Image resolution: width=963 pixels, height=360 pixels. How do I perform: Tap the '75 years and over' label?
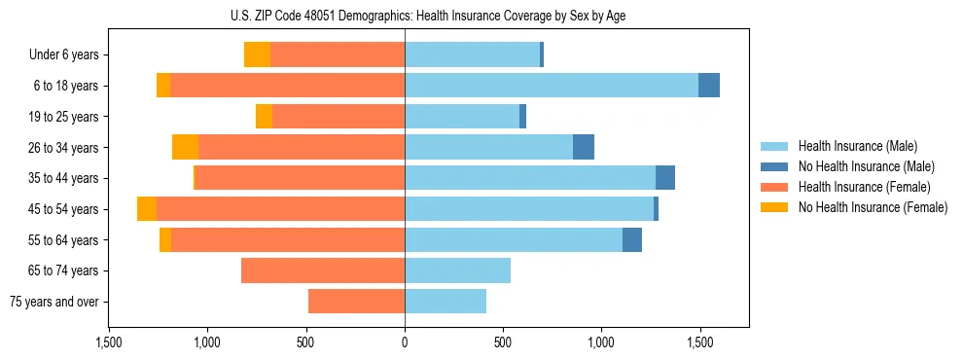pos(54,302)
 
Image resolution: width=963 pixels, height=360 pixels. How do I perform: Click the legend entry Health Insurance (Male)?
pos(857,146)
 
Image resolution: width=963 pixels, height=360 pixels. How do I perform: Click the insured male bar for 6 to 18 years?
pos(551,86)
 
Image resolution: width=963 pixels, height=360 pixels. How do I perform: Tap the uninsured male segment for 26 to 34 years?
pos(584,147)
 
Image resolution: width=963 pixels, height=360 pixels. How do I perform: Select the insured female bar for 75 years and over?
pos(356,302)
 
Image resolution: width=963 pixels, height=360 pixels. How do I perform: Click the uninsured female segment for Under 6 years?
pos(257,55)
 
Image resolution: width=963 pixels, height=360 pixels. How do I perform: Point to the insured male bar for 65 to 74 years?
pos(457,270)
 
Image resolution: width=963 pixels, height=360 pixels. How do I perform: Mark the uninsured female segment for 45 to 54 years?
pos(147,209)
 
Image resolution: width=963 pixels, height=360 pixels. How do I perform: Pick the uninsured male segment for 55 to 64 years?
pos(632,239)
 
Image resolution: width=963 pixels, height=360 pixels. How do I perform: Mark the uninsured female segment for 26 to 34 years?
pos(185,147)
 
